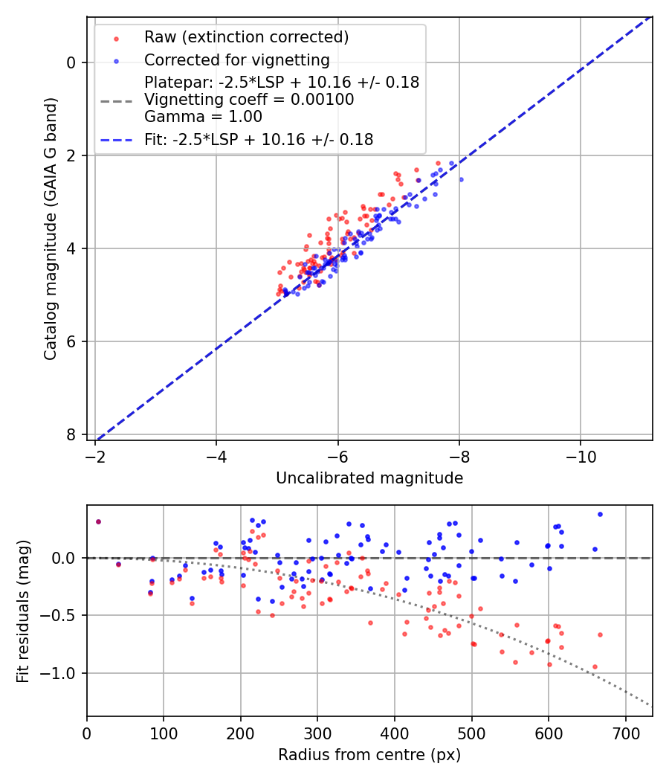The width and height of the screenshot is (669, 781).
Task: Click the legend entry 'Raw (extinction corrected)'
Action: tap(246, 37)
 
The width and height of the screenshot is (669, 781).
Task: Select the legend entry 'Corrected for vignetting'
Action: tap(236, 60)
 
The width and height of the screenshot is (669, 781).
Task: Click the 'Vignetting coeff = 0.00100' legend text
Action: tap(249, 100)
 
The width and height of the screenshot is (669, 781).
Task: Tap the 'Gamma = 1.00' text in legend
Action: tap(203, 116)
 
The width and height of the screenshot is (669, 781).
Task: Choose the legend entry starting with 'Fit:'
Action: tap(259, 139)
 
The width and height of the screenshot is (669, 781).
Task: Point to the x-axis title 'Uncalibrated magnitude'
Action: tap(369, 478)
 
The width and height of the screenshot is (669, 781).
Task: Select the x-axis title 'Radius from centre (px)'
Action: tap(369, 755)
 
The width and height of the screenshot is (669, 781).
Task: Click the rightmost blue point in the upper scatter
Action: tap(461, 179)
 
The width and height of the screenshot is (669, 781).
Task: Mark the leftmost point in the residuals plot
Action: tap(98, 521)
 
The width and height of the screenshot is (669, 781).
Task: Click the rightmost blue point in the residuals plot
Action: tap(600, 514)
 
